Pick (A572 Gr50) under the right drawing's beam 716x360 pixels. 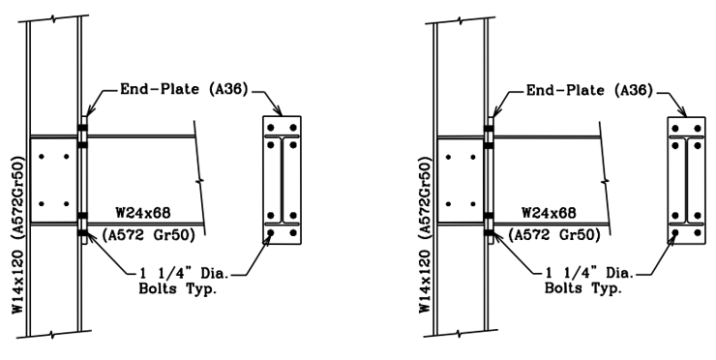554,233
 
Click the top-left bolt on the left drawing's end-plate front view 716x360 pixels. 272,128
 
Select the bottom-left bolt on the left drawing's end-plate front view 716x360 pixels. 272,233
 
